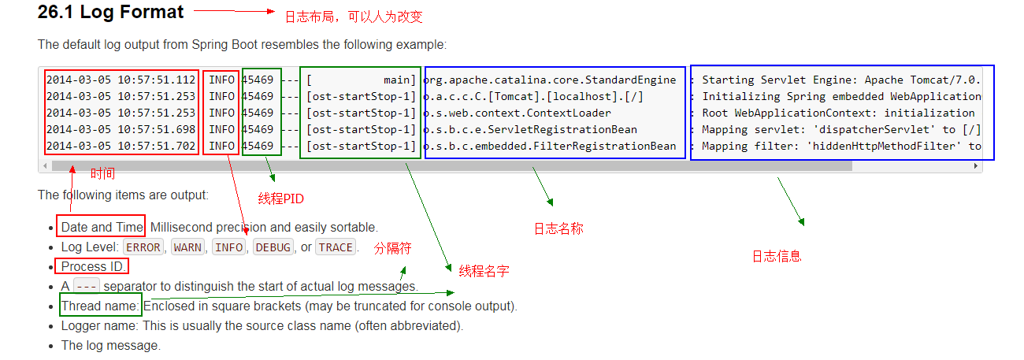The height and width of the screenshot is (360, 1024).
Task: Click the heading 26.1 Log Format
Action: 110,13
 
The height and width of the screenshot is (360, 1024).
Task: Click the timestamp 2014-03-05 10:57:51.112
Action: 121,80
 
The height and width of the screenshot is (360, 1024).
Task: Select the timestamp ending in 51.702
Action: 121,146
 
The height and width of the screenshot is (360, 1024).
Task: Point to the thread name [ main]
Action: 361,80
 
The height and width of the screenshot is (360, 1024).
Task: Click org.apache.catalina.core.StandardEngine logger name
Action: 550,80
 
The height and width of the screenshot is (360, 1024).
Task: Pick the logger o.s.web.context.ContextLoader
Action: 517,113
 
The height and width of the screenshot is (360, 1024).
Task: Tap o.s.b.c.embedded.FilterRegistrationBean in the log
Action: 550,146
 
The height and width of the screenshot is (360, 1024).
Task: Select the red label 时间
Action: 102,173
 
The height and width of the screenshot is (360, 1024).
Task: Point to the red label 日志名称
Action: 558,228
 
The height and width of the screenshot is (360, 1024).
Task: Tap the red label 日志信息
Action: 777,256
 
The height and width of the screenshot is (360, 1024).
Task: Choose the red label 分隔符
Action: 393,247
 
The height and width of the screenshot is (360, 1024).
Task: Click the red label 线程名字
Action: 484,271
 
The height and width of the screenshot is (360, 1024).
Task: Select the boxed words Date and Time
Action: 101,227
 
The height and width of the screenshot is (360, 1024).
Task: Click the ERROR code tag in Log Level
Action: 143,247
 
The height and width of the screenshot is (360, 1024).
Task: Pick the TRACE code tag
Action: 336,247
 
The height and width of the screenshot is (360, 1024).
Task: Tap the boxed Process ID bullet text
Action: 91,266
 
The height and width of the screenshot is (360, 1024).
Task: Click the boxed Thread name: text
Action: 100,306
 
